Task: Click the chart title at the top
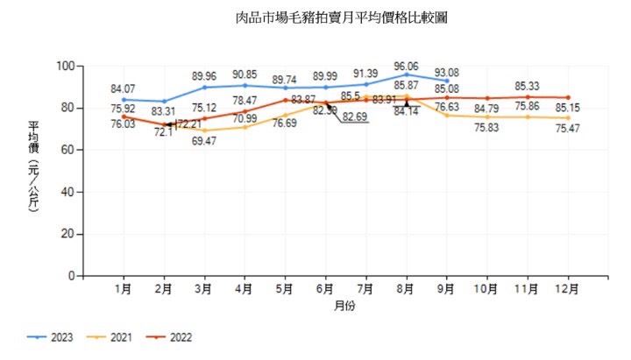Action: [336, 18]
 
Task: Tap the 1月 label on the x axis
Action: [124, 289]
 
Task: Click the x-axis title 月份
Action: [344, 307]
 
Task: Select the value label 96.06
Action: [405, 66]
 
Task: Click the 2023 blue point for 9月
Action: [447, 81]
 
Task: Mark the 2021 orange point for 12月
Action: [568, 117]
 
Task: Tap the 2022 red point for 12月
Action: [568, 97]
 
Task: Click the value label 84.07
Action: [123, 88]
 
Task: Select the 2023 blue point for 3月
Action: [204, 88]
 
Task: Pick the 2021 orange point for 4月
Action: [245, 127]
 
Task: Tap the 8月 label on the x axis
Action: [406, 289]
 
